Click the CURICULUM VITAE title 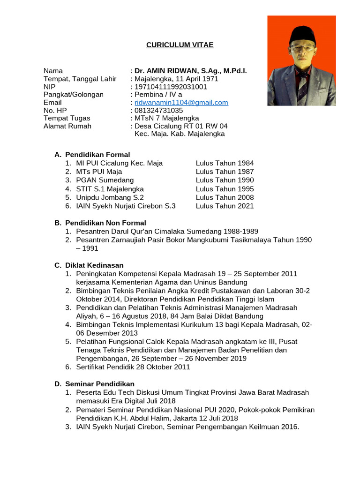coord(180,45)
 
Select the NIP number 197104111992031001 coord(171,87)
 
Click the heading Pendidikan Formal coord(97,155)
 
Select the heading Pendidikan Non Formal coord(105,223)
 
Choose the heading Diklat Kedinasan coord(94,265)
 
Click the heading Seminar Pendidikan coord(100,384)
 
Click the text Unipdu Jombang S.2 coord(110,197)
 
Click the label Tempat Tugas coord(67,118)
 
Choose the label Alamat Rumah coord(67,126)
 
